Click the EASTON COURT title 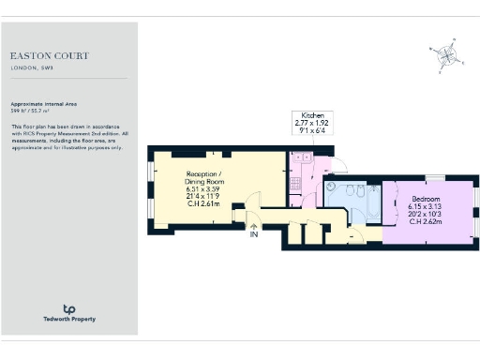click(50, 56)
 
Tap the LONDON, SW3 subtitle click(30, 68)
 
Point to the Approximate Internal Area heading click(43, 103)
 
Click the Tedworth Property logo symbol click(68, 308)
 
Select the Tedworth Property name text click(68, 320)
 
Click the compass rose click(445, 55)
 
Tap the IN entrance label click(253, 233)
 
